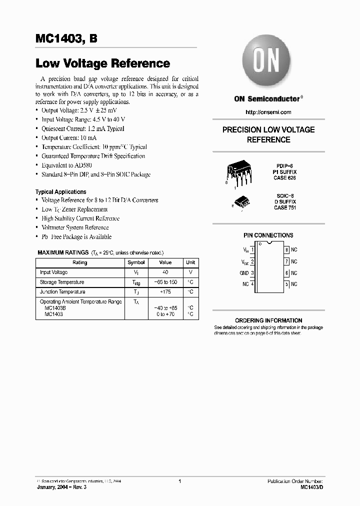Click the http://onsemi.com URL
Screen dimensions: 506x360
coord(268,112)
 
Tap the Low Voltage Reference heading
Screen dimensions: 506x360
coord(102,63)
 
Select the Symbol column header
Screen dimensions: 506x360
coord(136,262)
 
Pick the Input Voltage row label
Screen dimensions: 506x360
coord(54,272)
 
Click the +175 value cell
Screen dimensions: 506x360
coord(165,292)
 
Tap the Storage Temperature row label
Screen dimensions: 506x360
coord(62,282)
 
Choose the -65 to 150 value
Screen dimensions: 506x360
coord(165,282)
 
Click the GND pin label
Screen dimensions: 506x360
coord(244,273)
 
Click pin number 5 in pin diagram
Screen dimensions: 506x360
coord(286,284)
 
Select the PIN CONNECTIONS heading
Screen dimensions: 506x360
coord(268,235)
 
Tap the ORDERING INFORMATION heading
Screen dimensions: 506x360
coord(268,320)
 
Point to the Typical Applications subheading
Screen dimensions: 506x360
coord(60,192)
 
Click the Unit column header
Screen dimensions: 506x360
coord(190,262)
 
